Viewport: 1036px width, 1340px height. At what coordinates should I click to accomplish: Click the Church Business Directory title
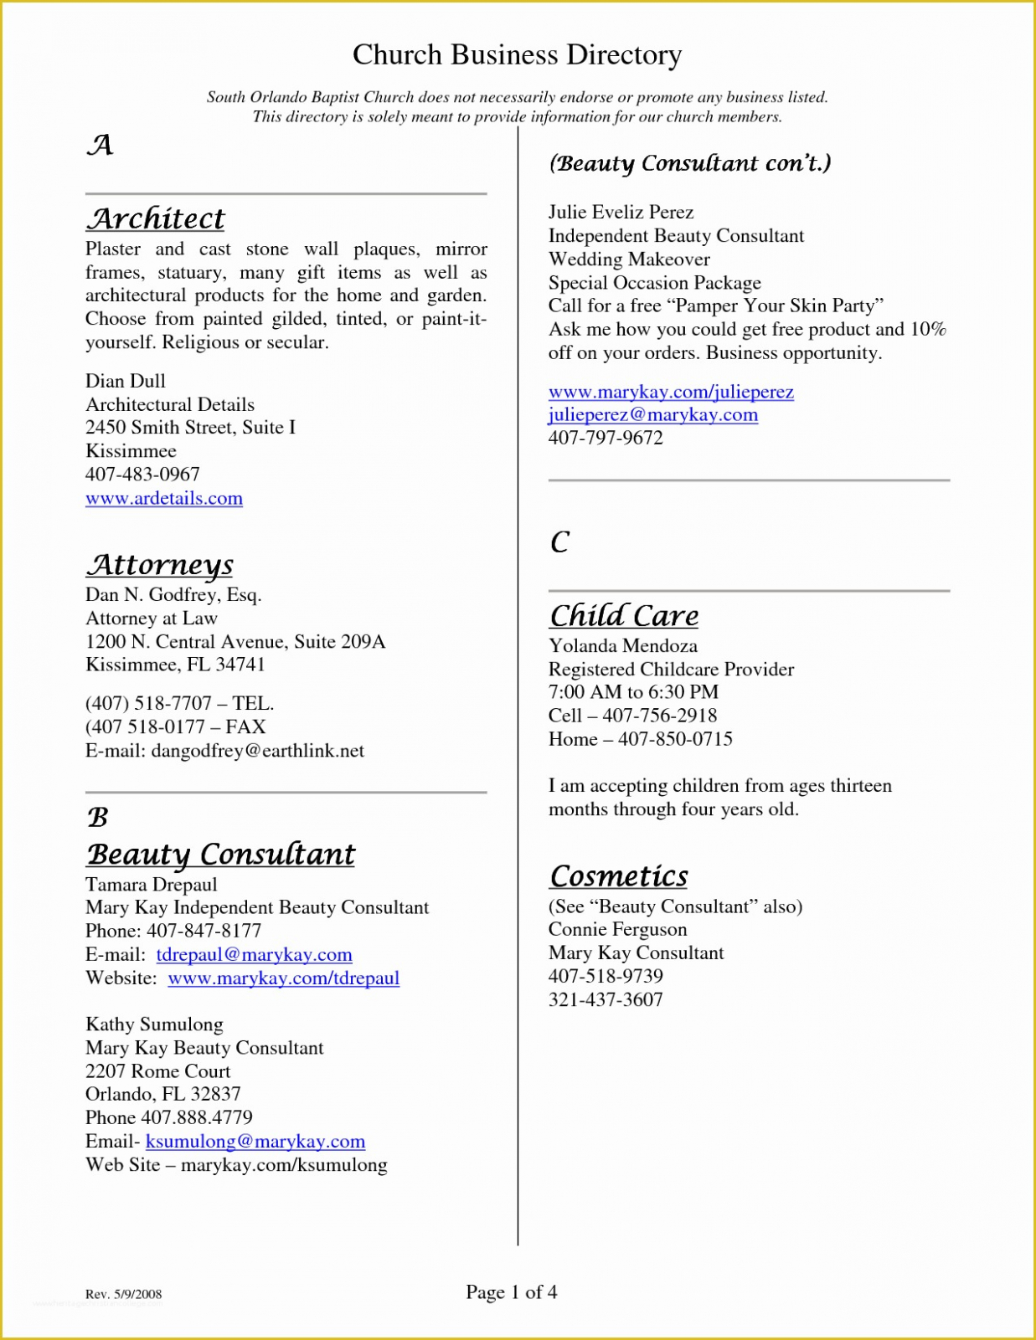[x=517, y=55]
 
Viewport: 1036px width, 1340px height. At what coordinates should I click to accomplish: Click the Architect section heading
[x=156, y=219]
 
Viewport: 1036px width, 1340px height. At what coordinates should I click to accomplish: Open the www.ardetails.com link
[x=164, y=499]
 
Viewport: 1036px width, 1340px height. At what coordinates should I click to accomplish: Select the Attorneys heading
[x=159, y=565]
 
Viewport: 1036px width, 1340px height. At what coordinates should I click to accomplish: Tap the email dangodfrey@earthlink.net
[x=257, y=751]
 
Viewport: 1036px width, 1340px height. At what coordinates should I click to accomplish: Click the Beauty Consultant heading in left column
[x=221, y=855]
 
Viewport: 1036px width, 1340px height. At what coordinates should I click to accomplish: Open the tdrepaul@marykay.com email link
[x=254, y=955]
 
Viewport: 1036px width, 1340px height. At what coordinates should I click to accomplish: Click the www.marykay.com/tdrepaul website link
[x=283, y=978]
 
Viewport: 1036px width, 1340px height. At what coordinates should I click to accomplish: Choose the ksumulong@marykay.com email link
[x=255, y=1142]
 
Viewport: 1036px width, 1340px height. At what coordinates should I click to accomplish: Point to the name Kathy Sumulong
[x=154, y=1024]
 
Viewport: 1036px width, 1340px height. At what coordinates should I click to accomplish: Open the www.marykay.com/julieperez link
[x=671, y=392]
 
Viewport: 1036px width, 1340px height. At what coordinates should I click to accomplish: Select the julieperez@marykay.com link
[x=653, y=415]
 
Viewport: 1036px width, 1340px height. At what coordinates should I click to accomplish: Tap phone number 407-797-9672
[x=606, y=438]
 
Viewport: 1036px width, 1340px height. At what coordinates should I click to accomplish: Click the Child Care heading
[x=624, y=616]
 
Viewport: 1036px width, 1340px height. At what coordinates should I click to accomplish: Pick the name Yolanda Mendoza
[x=622, y=646]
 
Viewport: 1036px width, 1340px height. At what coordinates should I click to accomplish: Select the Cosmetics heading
[x=619, y=876]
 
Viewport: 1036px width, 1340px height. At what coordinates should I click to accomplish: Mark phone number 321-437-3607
[x=606, y=999]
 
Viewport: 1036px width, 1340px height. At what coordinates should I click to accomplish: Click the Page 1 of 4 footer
[x=511, y=1292]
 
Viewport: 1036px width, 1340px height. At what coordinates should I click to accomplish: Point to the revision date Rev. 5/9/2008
[x=124, y=1294]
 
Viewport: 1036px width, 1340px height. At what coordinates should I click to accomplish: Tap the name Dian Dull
[x=126, y=382]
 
